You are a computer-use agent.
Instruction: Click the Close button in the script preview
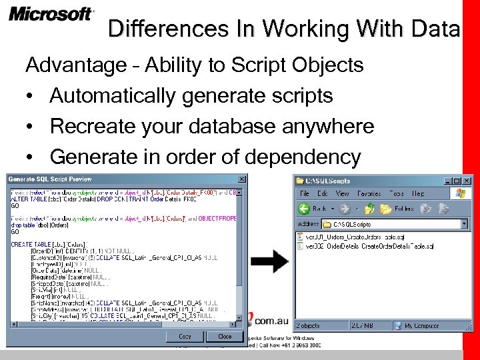tap(225, 337)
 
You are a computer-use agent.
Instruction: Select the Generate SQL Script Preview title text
tap(51, 179)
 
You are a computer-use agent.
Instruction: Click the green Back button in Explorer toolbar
tap(311, 209)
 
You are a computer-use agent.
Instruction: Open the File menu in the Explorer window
tap(304, 193)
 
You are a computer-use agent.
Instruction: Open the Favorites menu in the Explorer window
tap(369, 193)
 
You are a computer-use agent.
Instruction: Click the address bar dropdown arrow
tap(464, 224)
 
